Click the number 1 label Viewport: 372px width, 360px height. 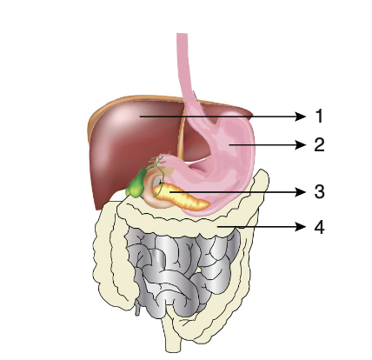coord(319,117)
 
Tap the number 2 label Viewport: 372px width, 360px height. coord(319,144)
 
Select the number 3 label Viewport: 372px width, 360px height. coord(319,191)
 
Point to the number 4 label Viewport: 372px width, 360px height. coord(319,227)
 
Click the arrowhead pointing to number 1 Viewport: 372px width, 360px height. coord(301,117)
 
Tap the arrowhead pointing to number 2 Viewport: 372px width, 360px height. coord(301,144)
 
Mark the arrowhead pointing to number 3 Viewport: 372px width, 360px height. coord(301,191)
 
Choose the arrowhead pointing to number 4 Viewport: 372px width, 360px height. coord(301,227)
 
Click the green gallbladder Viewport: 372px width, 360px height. coord(136,185)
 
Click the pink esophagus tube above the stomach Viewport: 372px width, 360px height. coord(185,72)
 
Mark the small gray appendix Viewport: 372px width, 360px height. coord(137,308)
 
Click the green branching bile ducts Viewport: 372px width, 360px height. coord(158,163)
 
